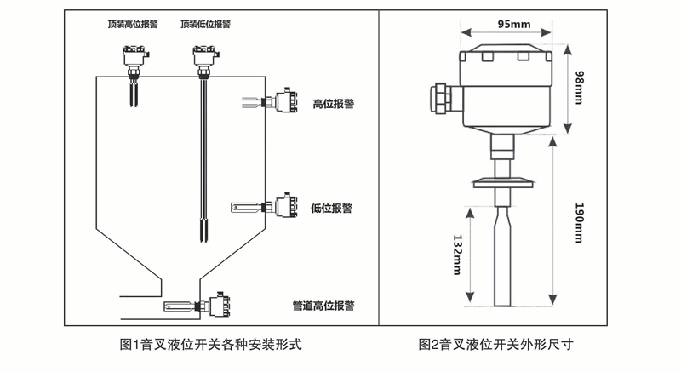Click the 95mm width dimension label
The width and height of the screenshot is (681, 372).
[511, 25]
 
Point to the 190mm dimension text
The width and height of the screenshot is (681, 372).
[579, 224]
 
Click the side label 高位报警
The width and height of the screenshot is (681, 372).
[333, 104]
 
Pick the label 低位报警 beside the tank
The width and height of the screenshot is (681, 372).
[332, 208]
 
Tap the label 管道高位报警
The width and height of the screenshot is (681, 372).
[323, 304]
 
